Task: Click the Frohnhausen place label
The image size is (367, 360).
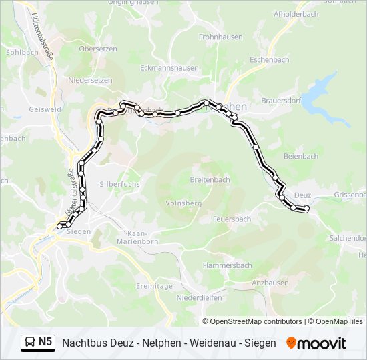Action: pyautogui.click(x=220, y=38)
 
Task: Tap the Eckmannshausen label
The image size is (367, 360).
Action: pyautogui.click(x=169, y=67)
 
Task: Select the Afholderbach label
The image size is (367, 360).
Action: pyautogui.click(x=296, y=13)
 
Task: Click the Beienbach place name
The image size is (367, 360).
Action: pyautogui.click(x=300, y=156)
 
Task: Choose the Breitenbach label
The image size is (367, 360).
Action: pyautogui.click(x=210, y=179)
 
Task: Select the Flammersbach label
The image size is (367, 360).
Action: pyautogui.click(x=228, y=265)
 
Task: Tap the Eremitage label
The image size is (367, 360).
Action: pyautogui.click(x=155, y=285)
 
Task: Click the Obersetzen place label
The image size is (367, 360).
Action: pyautogui.click(x=99, y=49)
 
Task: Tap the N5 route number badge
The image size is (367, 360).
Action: pyautogui.click(x=45, y=342)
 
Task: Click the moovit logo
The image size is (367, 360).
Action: pyautogui.click(x=316, y=343)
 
